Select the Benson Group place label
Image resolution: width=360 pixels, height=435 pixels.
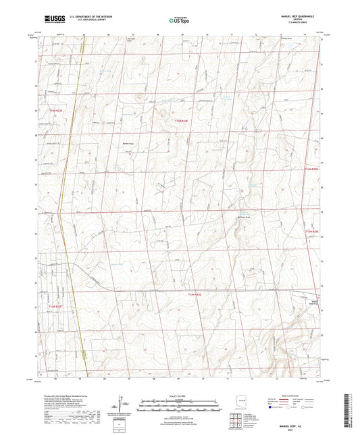(x=126, y=143)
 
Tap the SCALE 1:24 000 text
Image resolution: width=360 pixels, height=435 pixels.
(x=180, y=396)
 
